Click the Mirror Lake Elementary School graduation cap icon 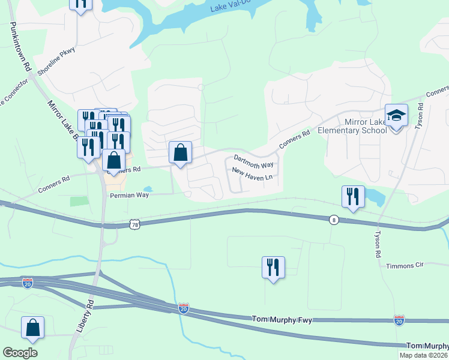[396, 115]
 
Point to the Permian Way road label [128, 196]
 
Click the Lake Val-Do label [234, 7]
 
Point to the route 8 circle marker [333, 220]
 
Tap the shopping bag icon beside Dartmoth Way [180, 153]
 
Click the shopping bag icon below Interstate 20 [32, 328]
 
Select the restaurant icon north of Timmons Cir [273, 267]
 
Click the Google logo [20, 353]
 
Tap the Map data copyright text [424, 355]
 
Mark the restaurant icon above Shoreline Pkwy [80, 3]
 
